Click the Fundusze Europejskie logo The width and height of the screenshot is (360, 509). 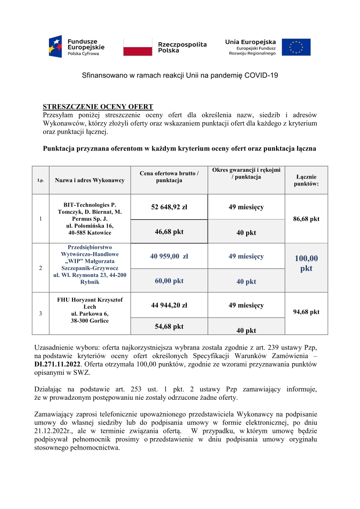[77, 47]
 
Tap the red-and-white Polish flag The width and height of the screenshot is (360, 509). [138, 47]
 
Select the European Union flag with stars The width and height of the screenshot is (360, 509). [296, 47]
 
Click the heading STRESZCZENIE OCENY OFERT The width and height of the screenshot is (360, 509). [98, 107]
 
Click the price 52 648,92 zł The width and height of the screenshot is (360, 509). [169, 208]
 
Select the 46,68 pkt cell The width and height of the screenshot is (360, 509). [169, 232]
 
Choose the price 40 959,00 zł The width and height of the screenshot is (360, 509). [169, 257]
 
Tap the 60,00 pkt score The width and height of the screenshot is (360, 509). [169, 281]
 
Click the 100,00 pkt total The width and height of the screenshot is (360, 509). [306, 263]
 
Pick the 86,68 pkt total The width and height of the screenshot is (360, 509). [306, 219]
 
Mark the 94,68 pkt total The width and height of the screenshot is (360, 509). [306, 312]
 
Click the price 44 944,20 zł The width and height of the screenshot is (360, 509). [169, 305]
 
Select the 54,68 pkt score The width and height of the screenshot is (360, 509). [169, 326]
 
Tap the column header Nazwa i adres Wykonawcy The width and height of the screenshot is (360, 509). [90, 180]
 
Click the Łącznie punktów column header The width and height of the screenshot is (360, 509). [306, 180]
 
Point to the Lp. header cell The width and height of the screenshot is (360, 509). [41, 180]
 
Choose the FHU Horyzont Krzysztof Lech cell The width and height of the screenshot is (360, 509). [90, 303]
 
